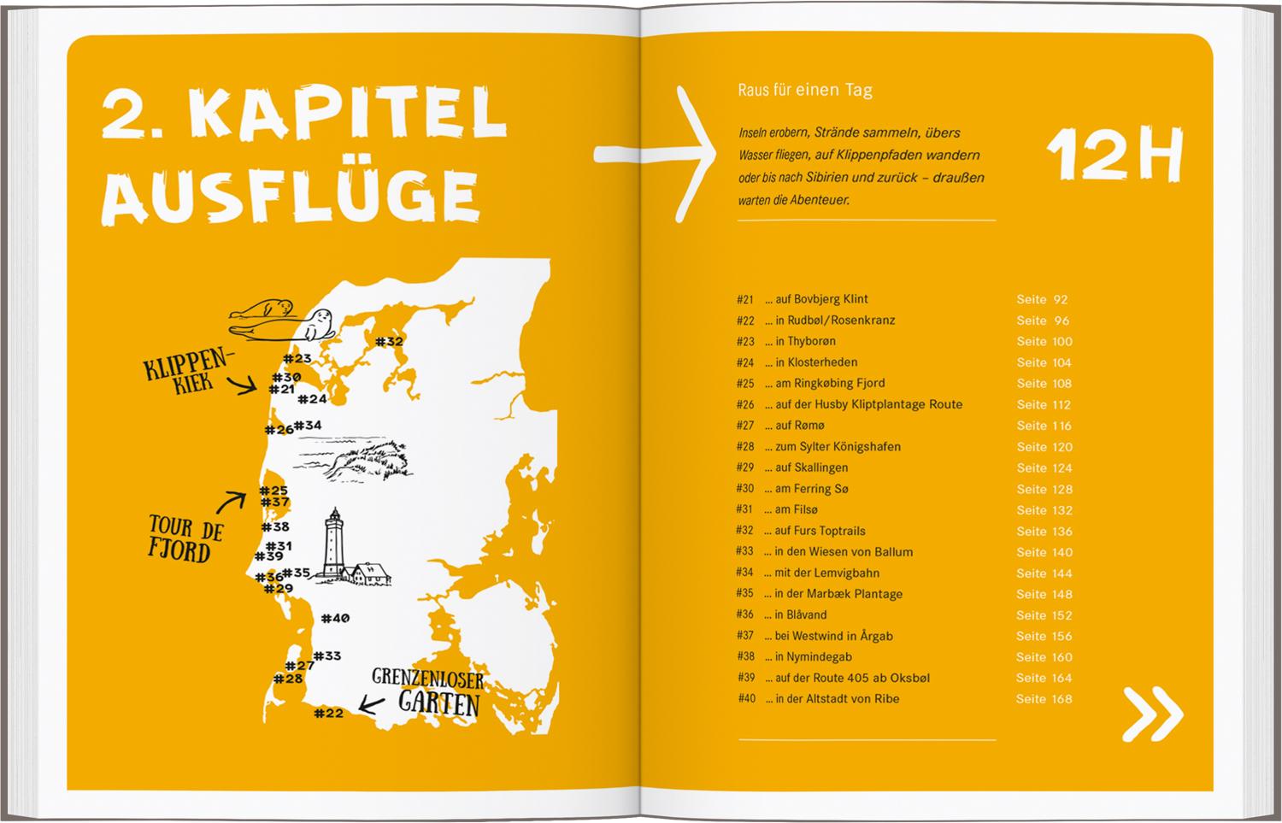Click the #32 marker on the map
point(389,342)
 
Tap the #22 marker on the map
point(328,713)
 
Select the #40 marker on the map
point(335,618)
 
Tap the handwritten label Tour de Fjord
point(185,538)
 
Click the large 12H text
point(1114,156)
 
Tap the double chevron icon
point(1152,713)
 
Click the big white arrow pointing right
point(658,154)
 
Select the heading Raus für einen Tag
point(804,90)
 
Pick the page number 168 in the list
point(1061,699)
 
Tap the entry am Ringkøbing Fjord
point(829,383)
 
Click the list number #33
point(744,551)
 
